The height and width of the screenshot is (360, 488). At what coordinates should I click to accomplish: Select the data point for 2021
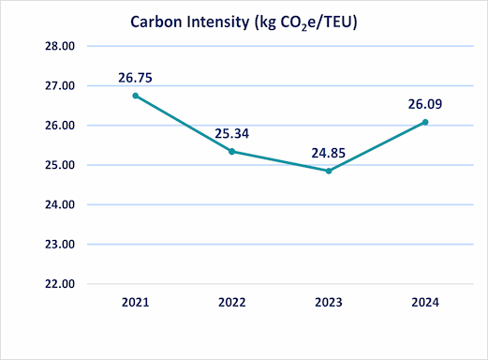pos(135,96)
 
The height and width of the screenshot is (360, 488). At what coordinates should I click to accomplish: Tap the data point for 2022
pos(231,151)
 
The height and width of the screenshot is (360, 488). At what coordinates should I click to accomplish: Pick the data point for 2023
pos(328,171)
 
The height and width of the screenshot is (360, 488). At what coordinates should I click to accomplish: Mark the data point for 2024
pos(424,122)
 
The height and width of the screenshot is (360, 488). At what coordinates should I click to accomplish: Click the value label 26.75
pos(136,78)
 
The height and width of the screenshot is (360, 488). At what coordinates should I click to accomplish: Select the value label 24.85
pos(329,153)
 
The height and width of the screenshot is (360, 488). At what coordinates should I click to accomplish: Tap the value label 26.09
pos(425,104)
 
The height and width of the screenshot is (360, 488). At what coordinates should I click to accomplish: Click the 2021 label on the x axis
pos(135,303)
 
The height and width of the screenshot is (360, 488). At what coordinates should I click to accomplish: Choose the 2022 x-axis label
pos(231,303)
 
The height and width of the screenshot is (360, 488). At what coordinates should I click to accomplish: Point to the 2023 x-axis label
pos(328,303)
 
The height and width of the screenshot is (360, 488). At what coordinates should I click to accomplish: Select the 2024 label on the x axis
pos(424,303)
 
